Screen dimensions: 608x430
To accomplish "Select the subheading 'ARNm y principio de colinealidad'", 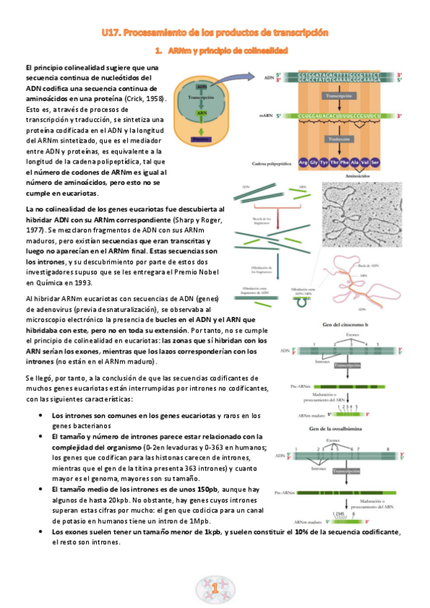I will click(228, 52).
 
